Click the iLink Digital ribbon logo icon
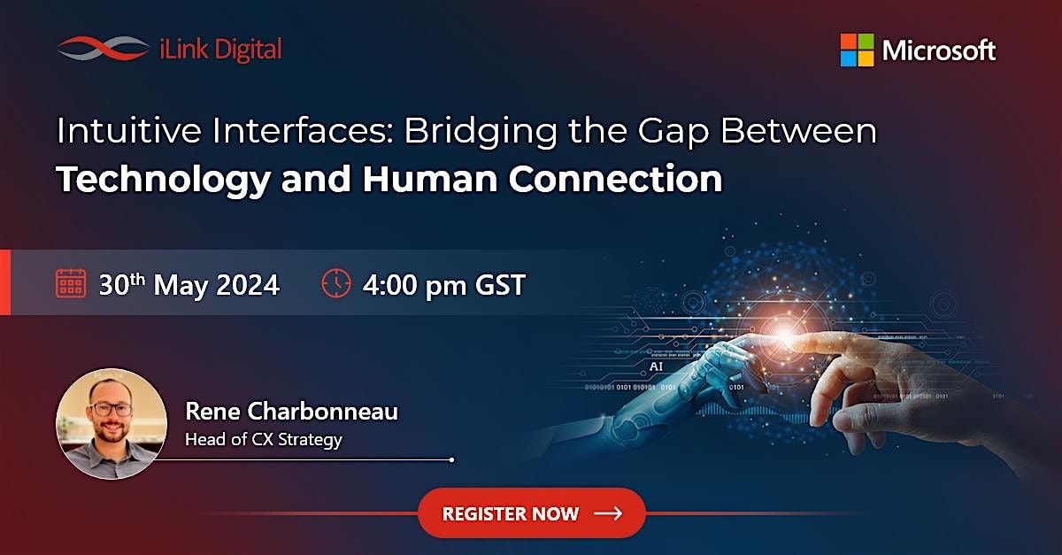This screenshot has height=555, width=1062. click(x=103, y=49)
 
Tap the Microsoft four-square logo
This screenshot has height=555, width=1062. click(x=857, y=50)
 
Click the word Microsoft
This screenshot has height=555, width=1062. click(x=939, y=50)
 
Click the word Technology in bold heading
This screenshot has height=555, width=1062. click(x=163, y=179)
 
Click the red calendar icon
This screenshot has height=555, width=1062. click(x=70, y=284)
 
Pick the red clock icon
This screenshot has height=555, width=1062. click(x=335, y=284)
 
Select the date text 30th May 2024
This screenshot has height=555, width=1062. click(x=189, y=284)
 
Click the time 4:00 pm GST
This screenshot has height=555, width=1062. click(x=443, y=284)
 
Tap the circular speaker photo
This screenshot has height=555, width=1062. click(x=112, y=423)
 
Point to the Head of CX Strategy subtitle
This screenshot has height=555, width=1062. click(x=263, y=439)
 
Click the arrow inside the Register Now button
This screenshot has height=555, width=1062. click(x=608, y=513)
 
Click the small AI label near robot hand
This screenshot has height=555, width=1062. click(x=656, y=365)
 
